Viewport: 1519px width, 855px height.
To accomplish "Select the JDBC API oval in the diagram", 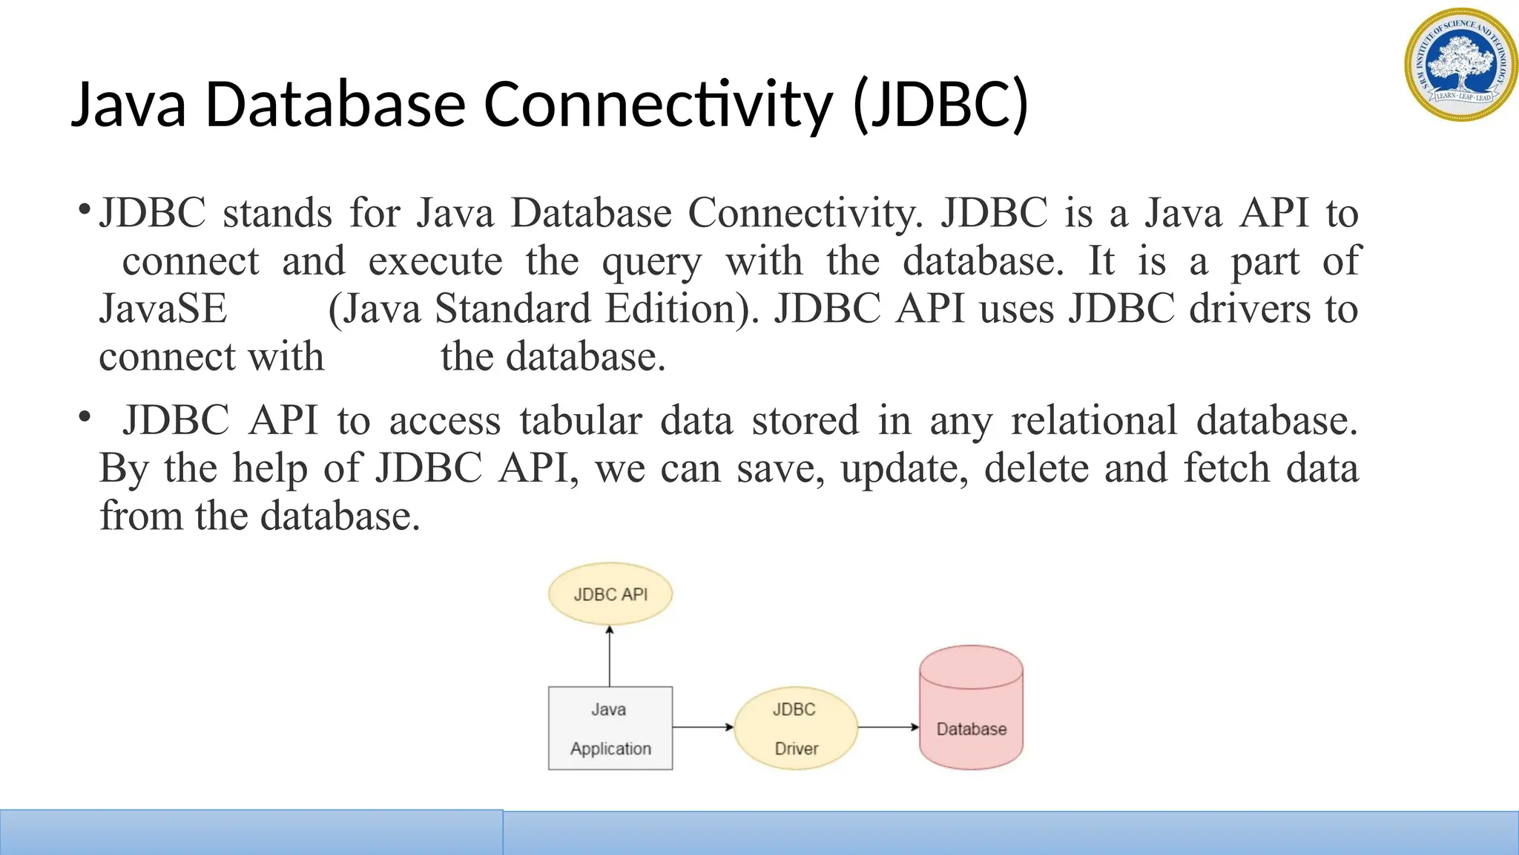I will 610,594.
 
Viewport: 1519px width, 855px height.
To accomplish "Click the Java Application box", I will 610,728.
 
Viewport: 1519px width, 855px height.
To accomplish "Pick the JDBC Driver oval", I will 795,728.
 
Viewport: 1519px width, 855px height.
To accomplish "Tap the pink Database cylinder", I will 971,709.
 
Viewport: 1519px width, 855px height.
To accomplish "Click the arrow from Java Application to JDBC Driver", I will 703,727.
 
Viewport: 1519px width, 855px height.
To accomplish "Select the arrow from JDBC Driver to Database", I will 889,727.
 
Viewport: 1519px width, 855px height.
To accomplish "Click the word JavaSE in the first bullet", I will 163,309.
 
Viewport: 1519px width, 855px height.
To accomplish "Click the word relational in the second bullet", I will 1094,421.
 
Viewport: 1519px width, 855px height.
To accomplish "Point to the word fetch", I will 1227,469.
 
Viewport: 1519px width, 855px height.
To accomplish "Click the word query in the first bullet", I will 651,262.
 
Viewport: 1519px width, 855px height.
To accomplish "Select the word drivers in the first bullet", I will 1250,309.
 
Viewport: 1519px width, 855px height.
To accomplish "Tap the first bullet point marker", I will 85,207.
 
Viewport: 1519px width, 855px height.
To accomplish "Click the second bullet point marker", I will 85,417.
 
